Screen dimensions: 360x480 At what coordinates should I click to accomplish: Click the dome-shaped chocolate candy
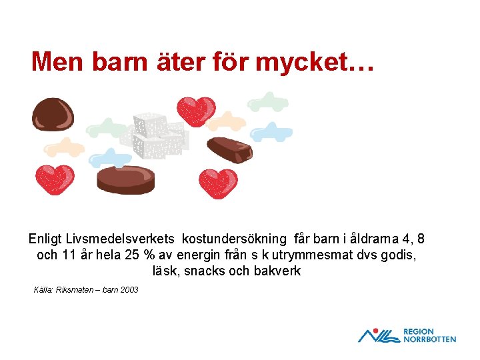tap(52, 114)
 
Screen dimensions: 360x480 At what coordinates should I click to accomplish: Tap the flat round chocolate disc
tap(126, 179)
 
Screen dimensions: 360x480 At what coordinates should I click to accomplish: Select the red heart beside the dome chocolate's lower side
tap(55, 178)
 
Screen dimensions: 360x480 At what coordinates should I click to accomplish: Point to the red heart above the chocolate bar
tap(195, 111)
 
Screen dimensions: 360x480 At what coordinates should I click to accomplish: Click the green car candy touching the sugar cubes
tap(107, 127)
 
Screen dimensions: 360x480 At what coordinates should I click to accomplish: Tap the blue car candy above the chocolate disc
tap(111, 157)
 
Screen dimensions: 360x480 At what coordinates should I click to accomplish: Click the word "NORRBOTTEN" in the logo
tap(429, 339)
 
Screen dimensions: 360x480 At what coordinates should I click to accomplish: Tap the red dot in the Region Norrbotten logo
tap(377, 330)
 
